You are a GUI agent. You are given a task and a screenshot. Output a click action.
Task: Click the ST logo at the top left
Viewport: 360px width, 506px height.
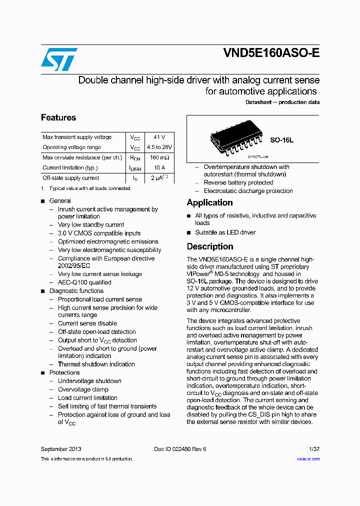[x=59, y=59]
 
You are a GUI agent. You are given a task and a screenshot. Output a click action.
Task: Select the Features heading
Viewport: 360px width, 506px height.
[x=58, y=117]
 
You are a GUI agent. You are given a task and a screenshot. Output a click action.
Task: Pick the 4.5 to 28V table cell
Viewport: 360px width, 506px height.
[x=159, y=147]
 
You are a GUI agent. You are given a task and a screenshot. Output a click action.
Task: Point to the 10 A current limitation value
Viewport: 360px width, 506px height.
[x=159, y=168]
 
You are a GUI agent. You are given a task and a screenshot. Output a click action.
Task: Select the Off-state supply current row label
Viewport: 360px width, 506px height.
[x=70, y=178]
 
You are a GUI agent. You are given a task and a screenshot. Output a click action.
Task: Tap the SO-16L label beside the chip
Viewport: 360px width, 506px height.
[x=282, y=140]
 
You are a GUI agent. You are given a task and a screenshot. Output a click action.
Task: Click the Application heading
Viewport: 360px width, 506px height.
[x=209, y=202]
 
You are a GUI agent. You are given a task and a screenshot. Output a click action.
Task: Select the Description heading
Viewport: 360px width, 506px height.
[x=210, y=246]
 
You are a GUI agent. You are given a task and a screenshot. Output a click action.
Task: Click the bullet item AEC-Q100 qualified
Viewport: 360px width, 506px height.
[x=84, y=282]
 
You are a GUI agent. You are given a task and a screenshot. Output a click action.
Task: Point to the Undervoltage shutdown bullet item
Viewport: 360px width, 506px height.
[x=89, y=381]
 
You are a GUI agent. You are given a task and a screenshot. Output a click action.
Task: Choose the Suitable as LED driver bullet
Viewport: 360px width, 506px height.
[x=225, y=232]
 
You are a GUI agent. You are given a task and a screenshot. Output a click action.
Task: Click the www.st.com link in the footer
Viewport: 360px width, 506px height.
[x=308, y=459]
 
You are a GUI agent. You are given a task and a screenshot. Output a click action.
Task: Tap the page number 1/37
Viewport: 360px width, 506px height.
[x=314, y=449]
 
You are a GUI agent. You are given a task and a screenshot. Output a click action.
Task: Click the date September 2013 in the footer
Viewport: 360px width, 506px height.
[x=61, y=449]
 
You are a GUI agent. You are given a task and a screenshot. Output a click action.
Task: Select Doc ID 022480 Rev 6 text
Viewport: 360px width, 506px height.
[x=180, y=449]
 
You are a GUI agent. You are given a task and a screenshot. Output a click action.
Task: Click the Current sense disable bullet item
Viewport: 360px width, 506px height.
[x=87, y=323]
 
